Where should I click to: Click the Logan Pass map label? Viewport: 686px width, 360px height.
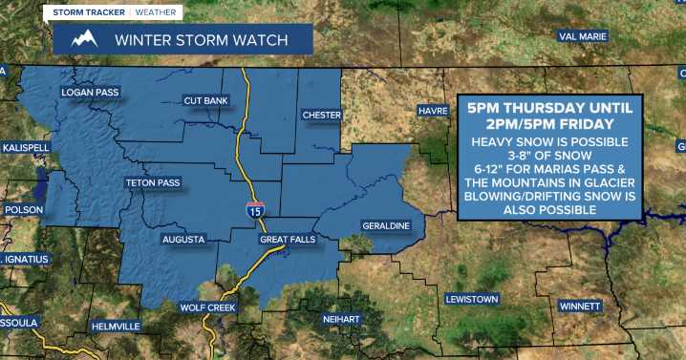pos(88,93)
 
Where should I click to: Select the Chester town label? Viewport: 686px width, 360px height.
pos(321,115)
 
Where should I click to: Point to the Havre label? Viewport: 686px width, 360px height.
pos(433,112)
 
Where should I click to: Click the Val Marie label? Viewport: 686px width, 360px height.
pos(583,37)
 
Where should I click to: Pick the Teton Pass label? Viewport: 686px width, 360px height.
pos(152,181)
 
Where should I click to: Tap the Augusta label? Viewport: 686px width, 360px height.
pos(183,240)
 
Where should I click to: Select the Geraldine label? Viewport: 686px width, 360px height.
pos(386,225)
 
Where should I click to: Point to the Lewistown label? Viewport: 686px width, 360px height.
pos(472,299)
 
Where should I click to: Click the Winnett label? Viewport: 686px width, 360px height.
pos(580,306)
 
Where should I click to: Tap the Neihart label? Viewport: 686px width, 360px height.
pos(341,322)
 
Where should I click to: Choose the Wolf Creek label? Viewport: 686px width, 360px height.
pos(207,307)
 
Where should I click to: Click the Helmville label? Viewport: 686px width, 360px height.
pos(116,327)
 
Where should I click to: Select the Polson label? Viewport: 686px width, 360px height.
pos(24,210)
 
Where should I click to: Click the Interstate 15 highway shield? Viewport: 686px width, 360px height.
pos(254,209)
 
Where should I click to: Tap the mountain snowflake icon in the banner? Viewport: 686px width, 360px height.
pos(84,40)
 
